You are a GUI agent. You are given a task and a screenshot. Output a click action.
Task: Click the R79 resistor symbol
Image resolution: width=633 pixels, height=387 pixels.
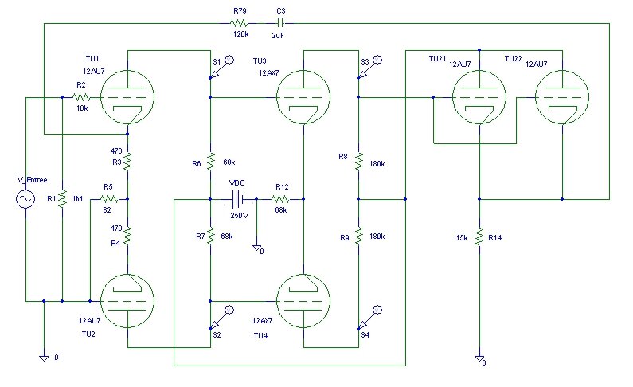click(239, 23)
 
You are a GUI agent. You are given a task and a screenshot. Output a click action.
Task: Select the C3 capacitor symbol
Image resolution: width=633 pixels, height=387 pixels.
click(281, 23)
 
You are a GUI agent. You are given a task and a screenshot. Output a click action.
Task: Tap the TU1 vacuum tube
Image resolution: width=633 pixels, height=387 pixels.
click(127, 97)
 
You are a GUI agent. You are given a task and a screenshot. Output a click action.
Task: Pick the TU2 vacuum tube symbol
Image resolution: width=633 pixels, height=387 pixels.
click(127, 301)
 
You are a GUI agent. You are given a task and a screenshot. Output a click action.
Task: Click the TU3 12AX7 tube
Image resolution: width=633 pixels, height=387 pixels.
click(303, 97)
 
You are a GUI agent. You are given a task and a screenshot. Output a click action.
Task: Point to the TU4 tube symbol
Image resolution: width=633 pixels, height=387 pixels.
click(303, 301)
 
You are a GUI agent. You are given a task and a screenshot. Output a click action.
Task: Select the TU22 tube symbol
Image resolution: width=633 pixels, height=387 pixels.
click(562, 97)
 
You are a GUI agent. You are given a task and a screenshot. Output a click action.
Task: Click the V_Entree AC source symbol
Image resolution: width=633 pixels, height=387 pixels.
click(25, 199)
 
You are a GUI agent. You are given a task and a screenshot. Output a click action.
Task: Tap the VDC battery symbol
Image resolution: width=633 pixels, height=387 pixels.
click(236, 199)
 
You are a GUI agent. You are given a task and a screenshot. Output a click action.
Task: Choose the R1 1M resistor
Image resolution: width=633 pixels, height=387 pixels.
click(62, 199)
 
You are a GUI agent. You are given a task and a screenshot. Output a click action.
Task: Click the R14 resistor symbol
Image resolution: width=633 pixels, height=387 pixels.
click(479, 236)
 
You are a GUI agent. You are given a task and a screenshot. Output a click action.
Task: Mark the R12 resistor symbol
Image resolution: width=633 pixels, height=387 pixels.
click(280, 199)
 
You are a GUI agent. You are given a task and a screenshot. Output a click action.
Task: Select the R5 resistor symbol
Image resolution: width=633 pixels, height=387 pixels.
click(108, 199)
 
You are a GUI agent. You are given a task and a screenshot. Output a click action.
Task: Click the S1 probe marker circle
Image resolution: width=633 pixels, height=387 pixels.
click(229, 60)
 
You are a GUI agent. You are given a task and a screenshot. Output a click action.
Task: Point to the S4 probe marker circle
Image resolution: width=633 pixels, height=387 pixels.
click(377, 310)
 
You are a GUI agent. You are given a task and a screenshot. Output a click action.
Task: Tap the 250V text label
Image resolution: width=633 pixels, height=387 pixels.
click(240, 216)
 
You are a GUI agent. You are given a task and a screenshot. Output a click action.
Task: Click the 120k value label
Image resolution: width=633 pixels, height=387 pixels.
click(241, 34)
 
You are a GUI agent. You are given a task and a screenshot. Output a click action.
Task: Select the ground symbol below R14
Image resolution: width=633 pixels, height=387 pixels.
click(479, 358)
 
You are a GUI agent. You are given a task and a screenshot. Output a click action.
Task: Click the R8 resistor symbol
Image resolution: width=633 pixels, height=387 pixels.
click(358, 162)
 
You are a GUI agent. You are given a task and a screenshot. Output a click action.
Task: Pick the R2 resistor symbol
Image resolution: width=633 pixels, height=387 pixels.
click(81, 97)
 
